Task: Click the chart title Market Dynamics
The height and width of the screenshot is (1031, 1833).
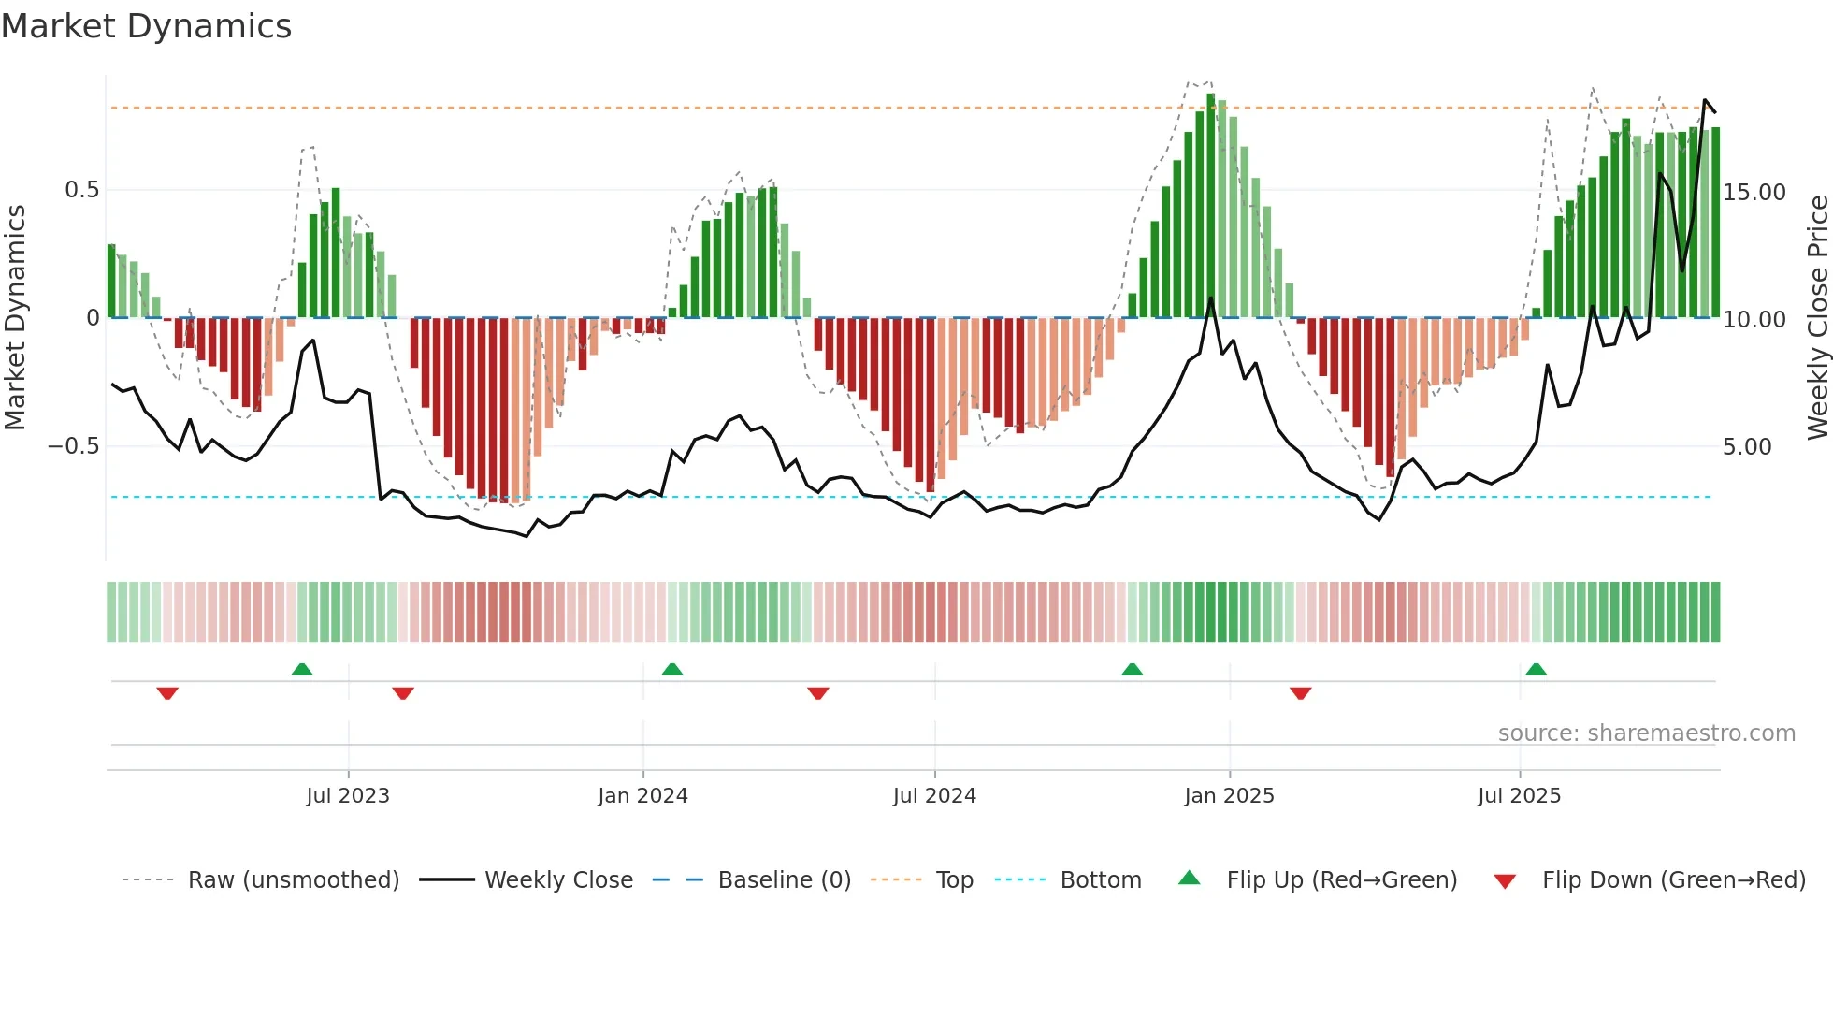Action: pos(147,26)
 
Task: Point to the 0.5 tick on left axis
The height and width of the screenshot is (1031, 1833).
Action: pos(81,190)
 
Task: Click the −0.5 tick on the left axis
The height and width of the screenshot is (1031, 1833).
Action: pos(73,446)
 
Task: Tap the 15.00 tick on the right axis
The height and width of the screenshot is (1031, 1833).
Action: pos(1754,193)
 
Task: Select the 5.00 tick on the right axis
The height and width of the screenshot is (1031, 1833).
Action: pos(1747,447)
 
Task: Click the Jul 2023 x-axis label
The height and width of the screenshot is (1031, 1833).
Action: pos(348,796)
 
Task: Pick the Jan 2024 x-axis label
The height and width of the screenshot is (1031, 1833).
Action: pos(642,796)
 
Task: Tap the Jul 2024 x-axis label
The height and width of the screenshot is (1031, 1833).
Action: pos(934,796)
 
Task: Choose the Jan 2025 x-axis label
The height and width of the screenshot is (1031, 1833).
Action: pos(1229,796)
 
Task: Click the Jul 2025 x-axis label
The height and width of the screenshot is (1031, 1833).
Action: pos(1519,796)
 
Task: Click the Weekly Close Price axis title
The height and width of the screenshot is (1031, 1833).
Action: pos(1817,318)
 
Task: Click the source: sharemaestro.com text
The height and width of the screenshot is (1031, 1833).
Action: pos(1646,733)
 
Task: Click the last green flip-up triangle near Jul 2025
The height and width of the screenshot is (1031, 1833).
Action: pos(1536,670)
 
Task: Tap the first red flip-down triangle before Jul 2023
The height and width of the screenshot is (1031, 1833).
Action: pos(167,693)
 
